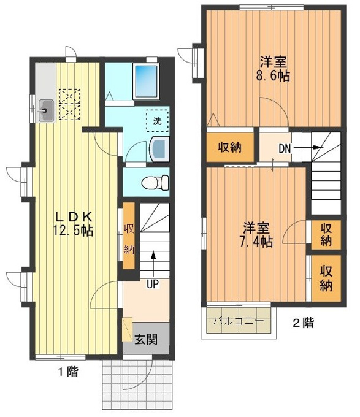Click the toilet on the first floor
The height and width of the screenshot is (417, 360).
click(x=155, y=183)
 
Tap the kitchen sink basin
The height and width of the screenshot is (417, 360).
click(x=47, y=110)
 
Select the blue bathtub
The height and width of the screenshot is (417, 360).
click(x=146, y=81)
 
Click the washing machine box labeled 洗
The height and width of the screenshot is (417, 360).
click(x=158, y=121)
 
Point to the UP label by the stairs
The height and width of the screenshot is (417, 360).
click(x=153, y=285)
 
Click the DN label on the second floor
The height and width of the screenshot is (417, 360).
click(x=285, y=148)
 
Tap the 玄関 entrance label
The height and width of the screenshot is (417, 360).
click(x=146, y=340)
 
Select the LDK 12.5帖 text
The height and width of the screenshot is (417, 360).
click(x=74, y=224)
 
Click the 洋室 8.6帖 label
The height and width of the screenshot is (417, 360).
click(x=273, y=69)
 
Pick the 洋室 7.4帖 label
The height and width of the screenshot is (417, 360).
click(x=256, y=235)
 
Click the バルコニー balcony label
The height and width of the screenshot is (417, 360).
click(x=239, y=321)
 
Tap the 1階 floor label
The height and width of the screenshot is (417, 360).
click(x=68, y=372)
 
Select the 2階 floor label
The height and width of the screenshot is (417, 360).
click(x=303, y=323)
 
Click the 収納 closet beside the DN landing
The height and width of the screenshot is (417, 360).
click(x=230, y=147)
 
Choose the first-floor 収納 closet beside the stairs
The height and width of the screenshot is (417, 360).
click(x=129, y=236)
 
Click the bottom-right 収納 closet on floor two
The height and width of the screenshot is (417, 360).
click(x=326, y=278)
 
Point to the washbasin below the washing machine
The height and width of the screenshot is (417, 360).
click(x=159, y=149)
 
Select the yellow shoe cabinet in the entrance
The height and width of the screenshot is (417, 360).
click(x=127, y=329)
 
